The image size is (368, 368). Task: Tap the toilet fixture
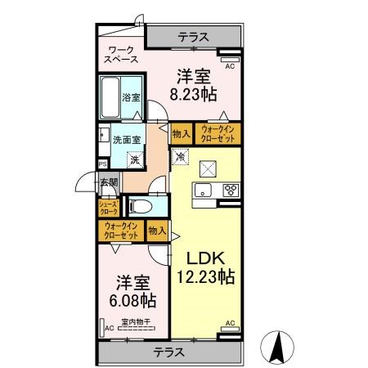tap(137, 207)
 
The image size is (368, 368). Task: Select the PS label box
tap(102, 164)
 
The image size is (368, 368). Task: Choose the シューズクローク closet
tap(108, 208)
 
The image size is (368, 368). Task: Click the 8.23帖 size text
tap(193, 95)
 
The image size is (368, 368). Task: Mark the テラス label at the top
tap(193, 37)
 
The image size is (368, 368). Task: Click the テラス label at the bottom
tap(168, 352)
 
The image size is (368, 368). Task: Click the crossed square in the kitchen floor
tap(208, 168)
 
